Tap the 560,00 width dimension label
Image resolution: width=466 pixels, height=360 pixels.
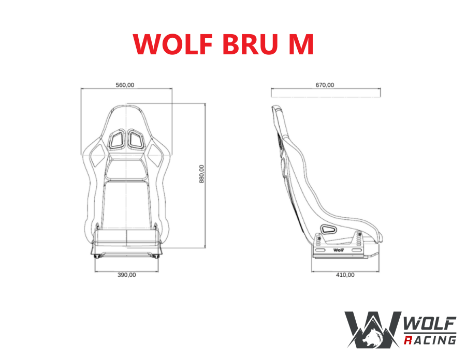point(124,85)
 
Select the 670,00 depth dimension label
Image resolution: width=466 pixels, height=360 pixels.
point(325,85)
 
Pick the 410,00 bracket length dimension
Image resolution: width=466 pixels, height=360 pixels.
point(345,275)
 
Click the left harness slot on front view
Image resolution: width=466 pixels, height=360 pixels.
point(116,139)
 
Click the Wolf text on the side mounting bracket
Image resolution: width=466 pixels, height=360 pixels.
point(339,250)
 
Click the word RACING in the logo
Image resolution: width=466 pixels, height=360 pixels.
point(429,339)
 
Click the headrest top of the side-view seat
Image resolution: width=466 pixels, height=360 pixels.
point(277,108)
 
